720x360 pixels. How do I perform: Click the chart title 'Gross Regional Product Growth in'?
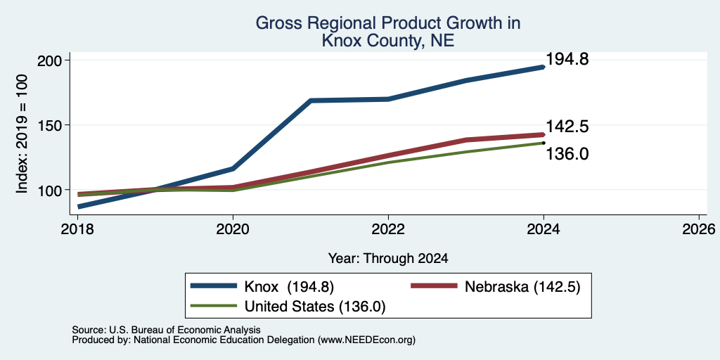click(x=388, y=23)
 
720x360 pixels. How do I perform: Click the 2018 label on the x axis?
click(x=77, y=229)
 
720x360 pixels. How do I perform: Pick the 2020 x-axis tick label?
click(x=233, y=229)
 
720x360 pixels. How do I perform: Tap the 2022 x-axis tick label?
click(x=388, y=229)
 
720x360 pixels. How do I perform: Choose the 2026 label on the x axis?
click(x=699, y=229)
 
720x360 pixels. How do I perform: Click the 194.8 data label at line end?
click(x=567, y=59)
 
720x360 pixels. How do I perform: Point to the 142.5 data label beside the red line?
click(x=567, y=127)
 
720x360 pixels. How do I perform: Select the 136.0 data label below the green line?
click(x=567, y=154)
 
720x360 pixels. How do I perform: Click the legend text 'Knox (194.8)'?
click(x=289, y=287)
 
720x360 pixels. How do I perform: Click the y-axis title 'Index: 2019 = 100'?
click(x=22, y=134)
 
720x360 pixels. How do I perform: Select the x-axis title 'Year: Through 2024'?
click(x=388, y=259)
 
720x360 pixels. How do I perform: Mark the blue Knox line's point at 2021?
click(x=311, y=100)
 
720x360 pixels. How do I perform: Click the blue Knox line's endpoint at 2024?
click(x=544, y=67)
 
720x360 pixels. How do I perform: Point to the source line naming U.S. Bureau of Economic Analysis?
click(x=166, y=330)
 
